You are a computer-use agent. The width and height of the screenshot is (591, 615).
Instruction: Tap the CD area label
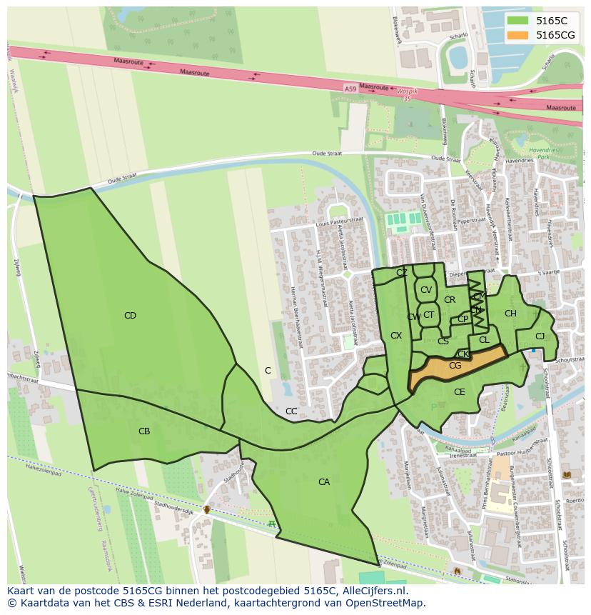(130, 316)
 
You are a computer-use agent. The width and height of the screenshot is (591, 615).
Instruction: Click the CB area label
(144, 431)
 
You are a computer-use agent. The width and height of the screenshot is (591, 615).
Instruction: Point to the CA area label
(324, 482)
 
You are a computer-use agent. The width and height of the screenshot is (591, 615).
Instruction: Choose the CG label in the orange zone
(455, 366)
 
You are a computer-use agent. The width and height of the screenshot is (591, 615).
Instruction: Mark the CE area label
(459, 392)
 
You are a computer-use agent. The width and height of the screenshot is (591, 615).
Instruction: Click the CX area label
(396, 336)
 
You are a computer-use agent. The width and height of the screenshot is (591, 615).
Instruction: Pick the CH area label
(510, 314)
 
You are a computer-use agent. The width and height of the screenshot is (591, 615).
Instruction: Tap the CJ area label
(540, 336)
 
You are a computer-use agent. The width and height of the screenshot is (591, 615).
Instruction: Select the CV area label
(426, 290)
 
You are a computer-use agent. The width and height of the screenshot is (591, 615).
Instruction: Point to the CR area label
(450, 300)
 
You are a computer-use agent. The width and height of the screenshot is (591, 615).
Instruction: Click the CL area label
(484, 340)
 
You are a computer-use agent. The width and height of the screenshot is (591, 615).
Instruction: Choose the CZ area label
(402, 273)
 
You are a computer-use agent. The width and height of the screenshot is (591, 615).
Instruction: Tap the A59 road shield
(350, 89)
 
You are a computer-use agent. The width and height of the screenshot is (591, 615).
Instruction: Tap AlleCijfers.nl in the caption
(372, 591)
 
